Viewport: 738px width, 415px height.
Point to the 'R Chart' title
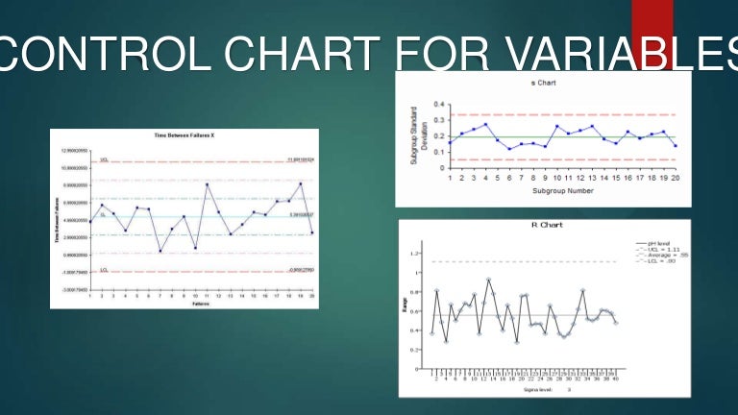[547, 226]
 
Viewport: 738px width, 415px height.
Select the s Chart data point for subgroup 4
[485, 124]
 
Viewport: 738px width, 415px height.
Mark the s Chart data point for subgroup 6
[509, 149]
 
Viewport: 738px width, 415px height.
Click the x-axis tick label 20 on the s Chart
[676, 178]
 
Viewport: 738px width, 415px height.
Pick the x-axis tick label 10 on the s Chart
[557, 178]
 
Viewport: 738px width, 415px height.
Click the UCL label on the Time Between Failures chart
[104, 159]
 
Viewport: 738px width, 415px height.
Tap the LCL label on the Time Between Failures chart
[104, 270]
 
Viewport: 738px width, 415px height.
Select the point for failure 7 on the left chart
[160, 251]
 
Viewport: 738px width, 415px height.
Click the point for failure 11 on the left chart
[208, 184]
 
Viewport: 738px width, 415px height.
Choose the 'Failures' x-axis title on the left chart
[201, 304]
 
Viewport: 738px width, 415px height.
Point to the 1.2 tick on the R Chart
[416, 254]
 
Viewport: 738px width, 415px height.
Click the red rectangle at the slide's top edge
[652, 21]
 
